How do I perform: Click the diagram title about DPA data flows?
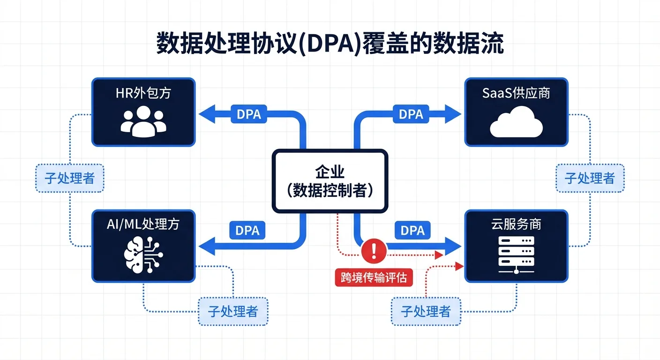330,45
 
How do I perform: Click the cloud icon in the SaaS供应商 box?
516,122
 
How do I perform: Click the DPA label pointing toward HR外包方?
249,114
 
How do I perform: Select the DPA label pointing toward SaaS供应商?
411,114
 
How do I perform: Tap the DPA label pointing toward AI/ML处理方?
247,230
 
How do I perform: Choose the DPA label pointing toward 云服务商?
412,230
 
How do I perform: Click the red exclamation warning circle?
374,250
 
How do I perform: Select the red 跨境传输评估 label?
374,277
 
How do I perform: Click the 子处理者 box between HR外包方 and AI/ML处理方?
69,178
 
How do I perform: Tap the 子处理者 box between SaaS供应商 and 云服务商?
590,178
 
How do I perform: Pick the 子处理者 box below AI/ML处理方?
233,311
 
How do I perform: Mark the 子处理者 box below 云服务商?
426,311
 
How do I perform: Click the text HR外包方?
143,93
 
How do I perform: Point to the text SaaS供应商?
516,93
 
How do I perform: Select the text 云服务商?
516,224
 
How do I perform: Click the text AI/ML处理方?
143,224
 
